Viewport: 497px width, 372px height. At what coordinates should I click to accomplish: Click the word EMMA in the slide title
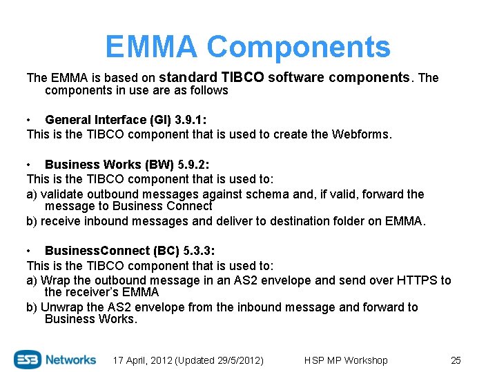[152, 47]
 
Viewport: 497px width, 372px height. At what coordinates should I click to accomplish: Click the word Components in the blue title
[298, 47]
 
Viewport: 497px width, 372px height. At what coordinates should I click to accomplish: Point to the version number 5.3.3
[200, 251]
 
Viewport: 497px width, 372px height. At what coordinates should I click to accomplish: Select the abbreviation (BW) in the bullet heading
[159, 164]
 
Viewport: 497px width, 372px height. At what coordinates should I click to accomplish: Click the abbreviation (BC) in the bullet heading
[166, 251]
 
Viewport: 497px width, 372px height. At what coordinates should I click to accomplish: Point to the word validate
[61, 194]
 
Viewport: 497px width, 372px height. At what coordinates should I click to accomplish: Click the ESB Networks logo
[55, 359]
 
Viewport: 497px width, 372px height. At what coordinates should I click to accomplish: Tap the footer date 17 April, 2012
[143, 360]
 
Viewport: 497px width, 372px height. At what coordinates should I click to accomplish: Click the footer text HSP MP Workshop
[346, 360]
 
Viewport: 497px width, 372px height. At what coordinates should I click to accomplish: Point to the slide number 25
[455, 360]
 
